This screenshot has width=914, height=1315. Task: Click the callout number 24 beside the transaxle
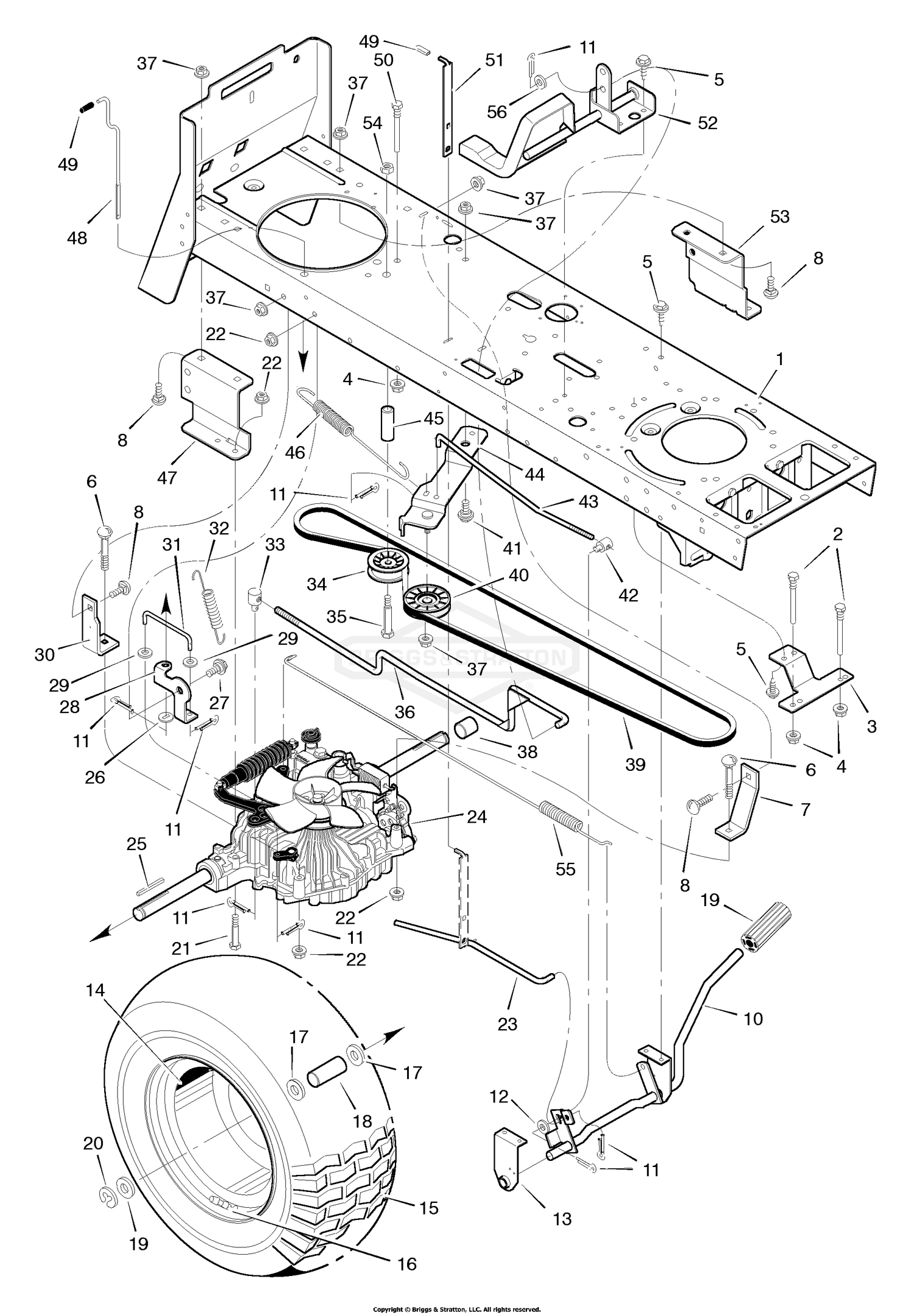point(476,817)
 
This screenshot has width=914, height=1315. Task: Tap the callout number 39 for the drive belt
point(635,764)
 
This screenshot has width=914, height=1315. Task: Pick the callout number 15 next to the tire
point(429,1207)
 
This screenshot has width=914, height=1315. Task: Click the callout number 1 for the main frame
point(779,359)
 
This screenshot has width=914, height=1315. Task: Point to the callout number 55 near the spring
point(565,868)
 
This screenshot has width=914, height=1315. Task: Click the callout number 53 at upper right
point(779,216)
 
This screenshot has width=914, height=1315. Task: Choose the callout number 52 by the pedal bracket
point(707,122)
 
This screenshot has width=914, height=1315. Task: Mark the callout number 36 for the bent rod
point(405,711)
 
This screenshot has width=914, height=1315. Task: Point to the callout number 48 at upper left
point(77,238)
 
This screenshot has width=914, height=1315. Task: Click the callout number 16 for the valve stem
point(406,1264)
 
